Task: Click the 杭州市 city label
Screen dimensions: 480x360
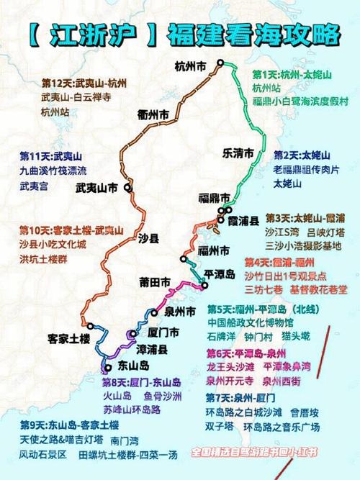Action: click(190, 67)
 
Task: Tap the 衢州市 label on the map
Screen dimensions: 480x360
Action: click(154, 115)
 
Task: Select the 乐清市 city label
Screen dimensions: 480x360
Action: click(238, 153)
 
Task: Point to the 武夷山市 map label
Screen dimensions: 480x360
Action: click(96, 189)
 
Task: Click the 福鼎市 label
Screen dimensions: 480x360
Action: click(214, 197)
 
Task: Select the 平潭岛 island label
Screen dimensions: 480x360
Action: click(220, 275)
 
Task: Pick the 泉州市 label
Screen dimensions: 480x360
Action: click(180, 312)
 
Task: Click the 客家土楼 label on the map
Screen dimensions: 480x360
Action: click(69, 338)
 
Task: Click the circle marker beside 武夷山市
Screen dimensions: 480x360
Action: click(127, 188)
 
